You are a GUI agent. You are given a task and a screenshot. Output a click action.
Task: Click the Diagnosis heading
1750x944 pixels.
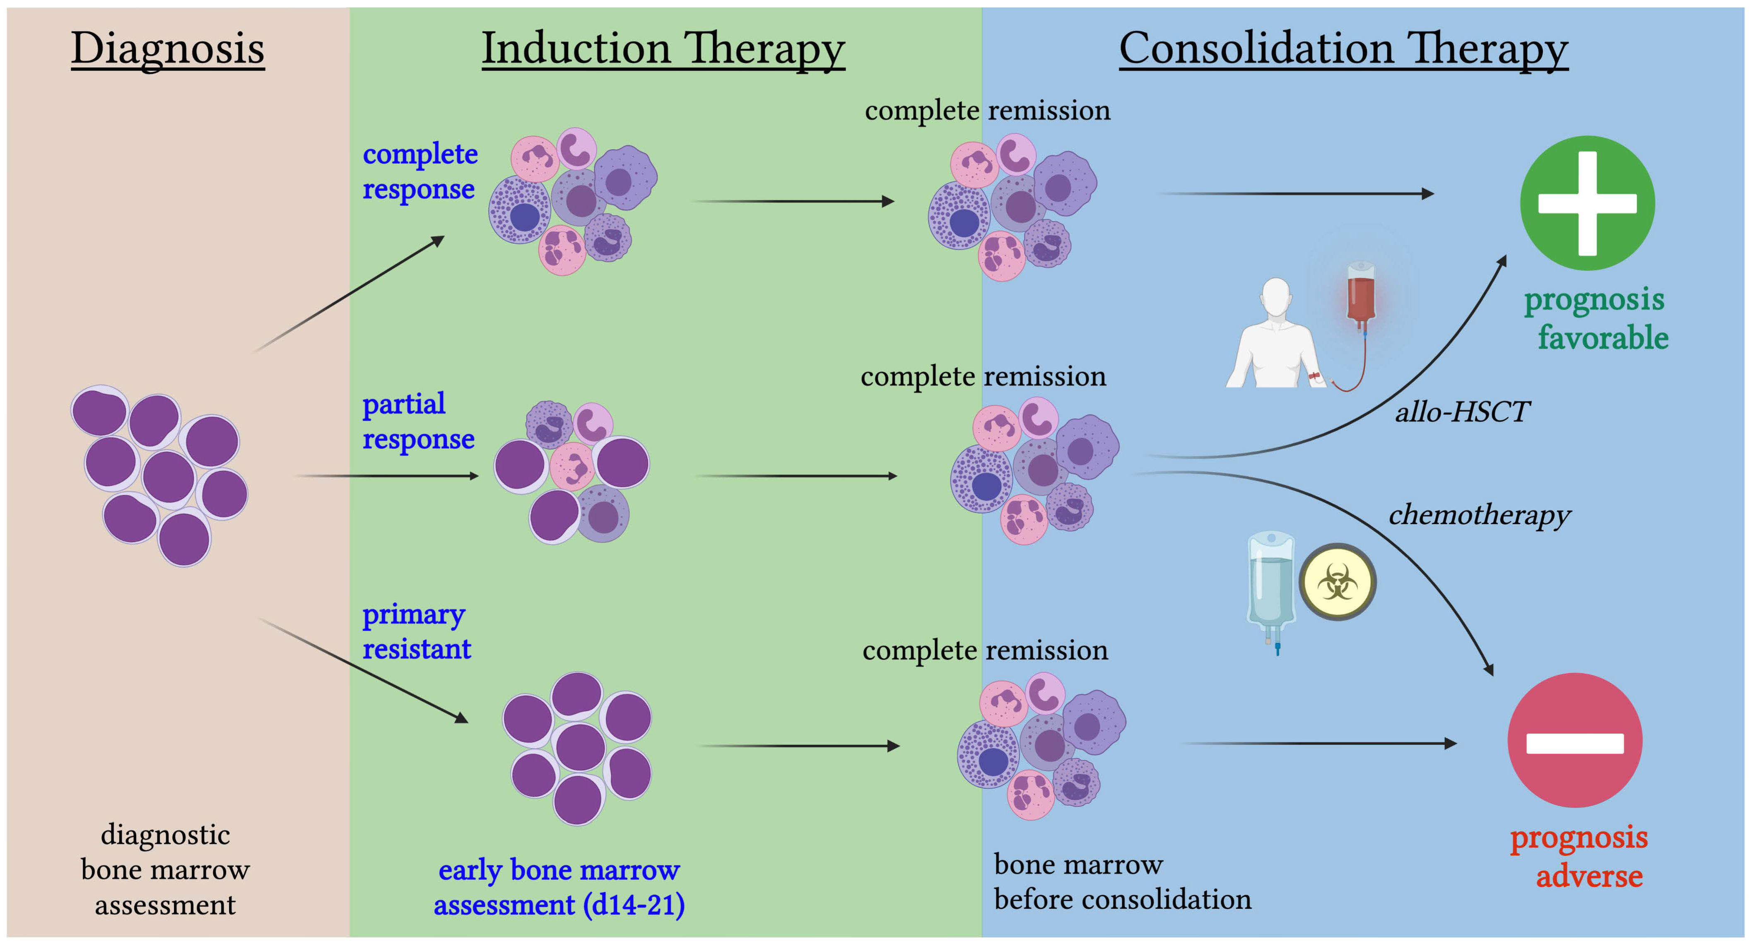coord(168,49)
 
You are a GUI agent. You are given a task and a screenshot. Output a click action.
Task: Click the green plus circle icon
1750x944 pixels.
coord(1587,203)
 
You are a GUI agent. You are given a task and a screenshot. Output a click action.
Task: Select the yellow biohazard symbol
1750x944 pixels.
coord(1337,582)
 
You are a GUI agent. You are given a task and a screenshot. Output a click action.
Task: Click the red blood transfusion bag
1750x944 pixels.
coord(1361,296)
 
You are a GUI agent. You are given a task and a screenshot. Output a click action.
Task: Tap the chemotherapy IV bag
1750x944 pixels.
coord(1270,584)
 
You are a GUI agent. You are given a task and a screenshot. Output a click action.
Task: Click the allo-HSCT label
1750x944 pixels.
coord(1462,412)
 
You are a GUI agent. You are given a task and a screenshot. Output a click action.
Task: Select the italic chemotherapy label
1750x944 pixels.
coord(1479,514)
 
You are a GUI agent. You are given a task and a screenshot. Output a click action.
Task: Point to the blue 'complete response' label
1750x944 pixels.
coord(419,172)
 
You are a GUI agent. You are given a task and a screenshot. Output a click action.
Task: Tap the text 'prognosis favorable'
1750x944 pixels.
coord(1596,318)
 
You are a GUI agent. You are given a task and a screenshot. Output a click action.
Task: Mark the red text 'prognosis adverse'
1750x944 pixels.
coord(1579,856)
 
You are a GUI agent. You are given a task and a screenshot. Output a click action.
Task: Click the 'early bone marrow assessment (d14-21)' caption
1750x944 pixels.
coord(559,887)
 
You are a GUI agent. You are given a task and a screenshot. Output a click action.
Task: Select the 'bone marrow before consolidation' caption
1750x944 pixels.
coord(1122,881)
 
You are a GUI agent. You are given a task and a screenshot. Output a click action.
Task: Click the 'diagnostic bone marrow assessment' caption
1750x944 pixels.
coord(165,869)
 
